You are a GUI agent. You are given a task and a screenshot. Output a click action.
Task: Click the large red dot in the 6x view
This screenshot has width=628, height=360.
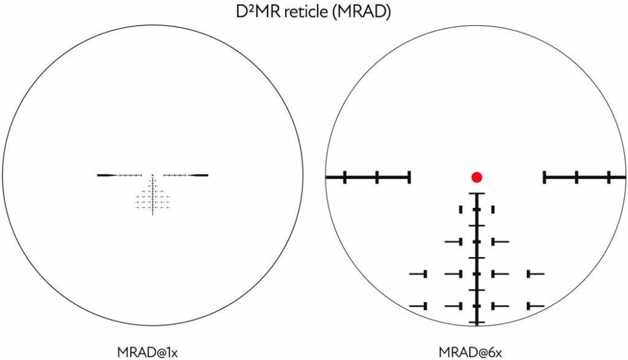[477, 177]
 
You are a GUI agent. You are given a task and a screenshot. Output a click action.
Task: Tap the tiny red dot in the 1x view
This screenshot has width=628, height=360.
[153, 175]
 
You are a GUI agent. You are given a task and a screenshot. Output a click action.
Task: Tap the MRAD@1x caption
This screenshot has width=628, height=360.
[148, 352]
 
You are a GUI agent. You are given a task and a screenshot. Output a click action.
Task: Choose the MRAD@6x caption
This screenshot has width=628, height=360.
[470, 352]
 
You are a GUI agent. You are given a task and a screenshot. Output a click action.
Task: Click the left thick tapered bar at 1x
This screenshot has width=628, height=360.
[108, 175]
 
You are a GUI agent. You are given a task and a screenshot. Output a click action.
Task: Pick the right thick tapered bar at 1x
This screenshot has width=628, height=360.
[197, 175]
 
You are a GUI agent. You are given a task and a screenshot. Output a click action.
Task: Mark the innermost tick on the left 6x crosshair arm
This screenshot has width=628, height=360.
[409, 177]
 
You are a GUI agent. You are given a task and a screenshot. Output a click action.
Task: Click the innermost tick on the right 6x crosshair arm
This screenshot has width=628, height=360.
[544, 177]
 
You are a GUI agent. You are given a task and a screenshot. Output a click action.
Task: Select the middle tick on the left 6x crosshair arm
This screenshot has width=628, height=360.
[377, 177]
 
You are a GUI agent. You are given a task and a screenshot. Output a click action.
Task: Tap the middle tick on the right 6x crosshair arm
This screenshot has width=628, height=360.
[577, 177]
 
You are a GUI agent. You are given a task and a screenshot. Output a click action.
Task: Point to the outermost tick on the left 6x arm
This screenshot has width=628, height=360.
[345, 177]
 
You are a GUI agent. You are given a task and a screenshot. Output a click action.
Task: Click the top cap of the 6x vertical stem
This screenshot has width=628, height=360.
[477, 194]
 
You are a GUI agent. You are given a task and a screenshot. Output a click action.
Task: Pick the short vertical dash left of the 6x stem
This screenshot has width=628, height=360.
[460, 209]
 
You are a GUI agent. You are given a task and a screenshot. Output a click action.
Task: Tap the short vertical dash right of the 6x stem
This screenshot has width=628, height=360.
[493, 209]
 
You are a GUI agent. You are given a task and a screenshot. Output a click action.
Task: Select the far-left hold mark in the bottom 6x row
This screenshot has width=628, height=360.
[418, 306]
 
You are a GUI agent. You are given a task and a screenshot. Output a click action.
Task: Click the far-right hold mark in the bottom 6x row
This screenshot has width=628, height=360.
[536, 306]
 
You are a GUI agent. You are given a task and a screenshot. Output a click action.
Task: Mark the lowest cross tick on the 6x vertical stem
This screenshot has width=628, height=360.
[477, 322]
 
